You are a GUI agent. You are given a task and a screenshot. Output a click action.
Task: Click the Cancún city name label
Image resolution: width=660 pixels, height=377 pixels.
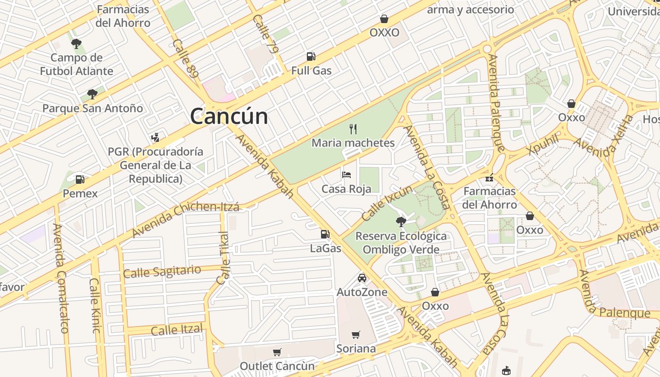click(x=229, y=116)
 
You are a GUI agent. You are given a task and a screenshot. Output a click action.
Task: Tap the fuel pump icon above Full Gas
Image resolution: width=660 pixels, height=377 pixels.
click(x=311, y=57)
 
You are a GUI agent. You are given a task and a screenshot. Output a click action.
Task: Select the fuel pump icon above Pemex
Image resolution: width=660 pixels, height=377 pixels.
click(x=80, y=180)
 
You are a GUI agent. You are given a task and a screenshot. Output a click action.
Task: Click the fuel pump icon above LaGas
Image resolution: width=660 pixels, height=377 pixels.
click(x=325, y=234)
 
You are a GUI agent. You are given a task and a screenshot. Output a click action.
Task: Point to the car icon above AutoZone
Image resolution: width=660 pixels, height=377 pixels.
click(x=362, y=278)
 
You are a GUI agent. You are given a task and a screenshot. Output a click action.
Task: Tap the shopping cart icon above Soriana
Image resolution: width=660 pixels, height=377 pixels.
click(x=356, y=335)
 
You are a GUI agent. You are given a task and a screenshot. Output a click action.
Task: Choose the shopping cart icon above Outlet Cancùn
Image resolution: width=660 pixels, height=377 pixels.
click(x=277, y=352)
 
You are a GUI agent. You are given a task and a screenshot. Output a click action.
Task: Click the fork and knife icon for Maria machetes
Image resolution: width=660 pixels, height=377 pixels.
click(x=353, y=129)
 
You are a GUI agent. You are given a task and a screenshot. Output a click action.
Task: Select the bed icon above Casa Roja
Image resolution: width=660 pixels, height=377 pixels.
click(x=346, y=175)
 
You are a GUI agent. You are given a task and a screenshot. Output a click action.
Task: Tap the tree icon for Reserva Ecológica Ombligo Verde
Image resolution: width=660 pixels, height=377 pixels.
click(x=401, y=221)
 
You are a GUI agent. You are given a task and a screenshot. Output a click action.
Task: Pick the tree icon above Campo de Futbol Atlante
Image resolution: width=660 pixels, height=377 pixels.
click(x=76, y=44)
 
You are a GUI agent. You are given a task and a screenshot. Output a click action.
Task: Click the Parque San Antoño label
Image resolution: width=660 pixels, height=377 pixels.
click(x=92, y=108)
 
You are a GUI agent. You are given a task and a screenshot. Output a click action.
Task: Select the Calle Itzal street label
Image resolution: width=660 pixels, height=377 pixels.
click(x=177, y=329)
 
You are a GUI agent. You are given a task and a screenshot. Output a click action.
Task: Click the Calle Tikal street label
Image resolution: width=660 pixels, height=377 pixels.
click(x=223, y=258)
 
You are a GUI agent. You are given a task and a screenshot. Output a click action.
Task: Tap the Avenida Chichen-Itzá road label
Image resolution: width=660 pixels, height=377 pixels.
click(x=185, y=220)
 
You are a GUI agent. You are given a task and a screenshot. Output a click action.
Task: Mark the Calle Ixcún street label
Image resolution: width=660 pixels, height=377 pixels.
click(x=387, y=203)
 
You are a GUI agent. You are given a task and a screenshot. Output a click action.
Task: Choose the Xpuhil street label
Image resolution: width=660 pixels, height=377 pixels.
click(x=544, y=143)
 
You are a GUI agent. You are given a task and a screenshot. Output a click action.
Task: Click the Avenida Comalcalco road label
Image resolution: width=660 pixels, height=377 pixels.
click(x=61, y=278)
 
